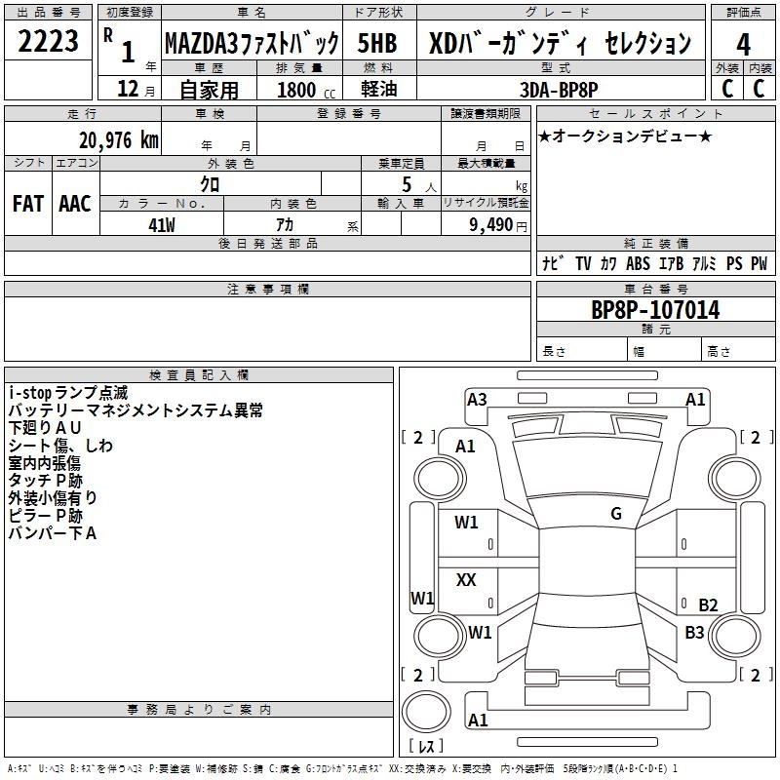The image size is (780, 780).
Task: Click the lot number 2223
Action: point(48,41)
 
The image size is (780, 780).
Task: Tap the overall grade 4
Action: point(743,45)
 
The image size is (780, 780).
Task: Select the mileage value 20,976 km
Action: point(119,140)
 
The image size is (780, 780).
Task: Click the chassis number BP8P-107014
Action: point(655,310)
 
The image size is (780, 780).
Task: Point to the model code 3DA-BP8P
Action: point(559,90)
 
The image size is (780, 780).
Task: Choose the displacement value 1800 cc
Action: point(306,90)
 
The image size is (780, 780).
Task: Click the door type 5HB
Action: point(377,43)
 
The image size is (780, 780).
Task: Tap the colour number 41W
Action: point(162,225)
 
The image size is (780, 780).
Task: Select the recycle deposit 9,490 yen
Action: point(498,225)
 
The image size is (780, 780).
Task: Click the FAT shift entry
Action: point(28,204)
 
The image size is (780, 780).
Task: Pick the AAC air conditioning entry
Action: point(75,204)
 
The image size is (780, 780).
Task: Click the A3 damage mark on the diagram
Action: point(477,400)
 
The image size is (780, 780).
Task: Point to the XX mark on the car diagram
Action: point(466,579)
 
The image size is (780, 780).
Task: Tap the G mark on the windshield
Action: point(616,513)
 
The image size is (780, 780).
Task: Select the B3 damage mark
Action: point(694,632)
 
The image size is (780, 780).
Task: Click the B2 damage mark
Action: point(708,604)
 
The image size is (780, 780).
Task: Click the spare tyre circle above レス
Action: point(426,711)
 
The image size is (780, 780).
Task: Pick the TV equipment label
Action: point(583,263)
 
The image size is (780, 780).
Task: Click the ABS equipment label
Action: point(638,263)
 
